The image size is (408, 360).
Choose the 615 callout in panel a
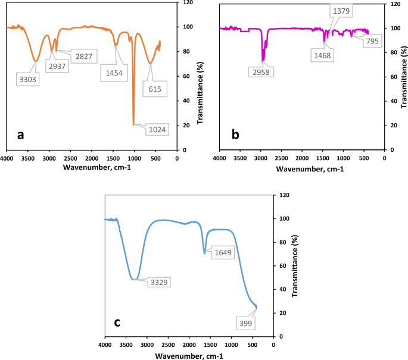pos(151,89)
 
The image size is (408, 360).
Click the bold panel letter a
pos(21,135)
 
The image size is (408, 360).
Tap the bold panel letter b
pos(235,135)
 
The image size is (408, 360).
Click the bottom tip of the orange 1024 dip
pos(133,124)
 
